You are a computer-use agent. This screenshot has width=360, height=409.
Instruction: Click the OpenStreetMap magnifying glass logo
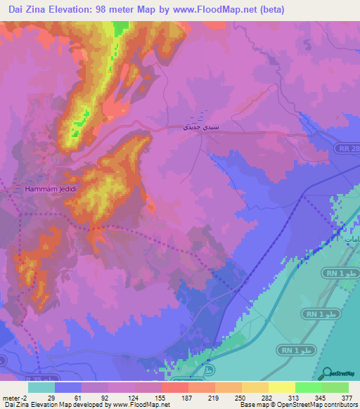(x=327, y=372)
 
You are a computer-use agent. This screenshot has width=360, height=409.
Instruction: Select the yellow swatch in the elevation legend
(x=281, y=387)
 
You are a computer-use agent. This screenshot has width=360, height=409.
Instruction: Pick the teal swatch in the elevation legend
(x=41, y=387)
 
